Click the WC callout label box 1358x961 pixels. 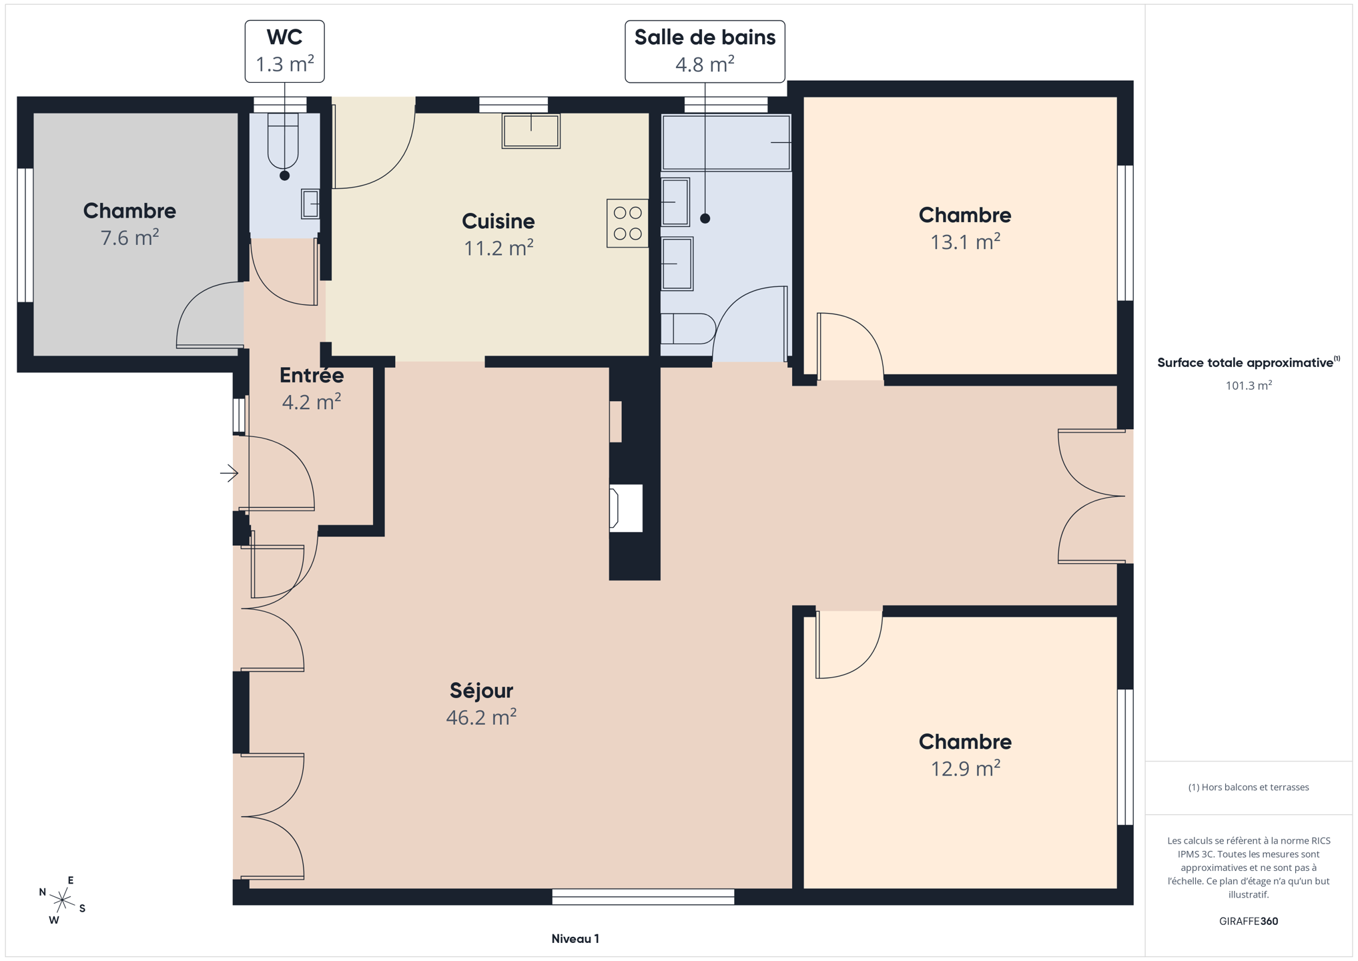pyautogui.click(x=284, y=51)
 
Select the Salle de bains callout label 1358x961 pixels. pyautogui.click(x=705, y=51)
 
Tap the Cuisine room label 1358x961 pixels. pyautogui.click(x=498, y=221)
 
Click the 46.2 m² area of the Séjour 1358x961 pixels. pyautogui.click(x=481, y=717)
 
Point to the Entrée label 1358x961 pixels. pyautogui.click(x=312, y=375)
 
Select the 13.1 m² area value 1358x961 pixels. pyautogui.click(x=965, y=242)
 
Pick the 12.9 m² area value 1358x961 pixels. pyautogui.click(x=965, y=768)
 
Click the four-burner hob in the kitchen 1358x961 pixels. pyautogui.click(x=627, y=224)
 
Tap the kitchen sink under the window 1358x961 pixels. pyautogui.click(x=531, y=131)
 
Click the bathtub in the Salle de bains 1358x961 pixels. pyautogui.click(x=726, y=143)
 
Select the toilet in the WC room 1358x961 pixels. pyautogui.click(x=283, y=140)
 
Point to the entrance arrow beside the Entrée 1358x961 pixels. pyautogui.click(x=229, y=473)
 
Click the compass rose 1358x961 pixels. pyautogui.click(x=62, y=900)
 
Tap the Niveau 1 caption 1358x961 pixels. pyautogui.click(x=575, y=939)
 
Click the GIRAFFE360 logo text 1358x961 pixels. pyautogui.click(x=1249, y=922)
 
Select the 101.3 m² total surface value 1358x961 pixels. pyautogui.click(x=1249, y=385)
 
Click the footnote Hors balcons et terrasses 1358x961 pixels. pyautogui.click(x=1249, y=787)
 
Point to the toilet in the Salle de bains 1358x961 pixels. pyautogui.click(x=688, y=329)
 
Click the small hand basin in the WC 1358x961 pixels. pyautogui.click(x=310, y=204)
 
